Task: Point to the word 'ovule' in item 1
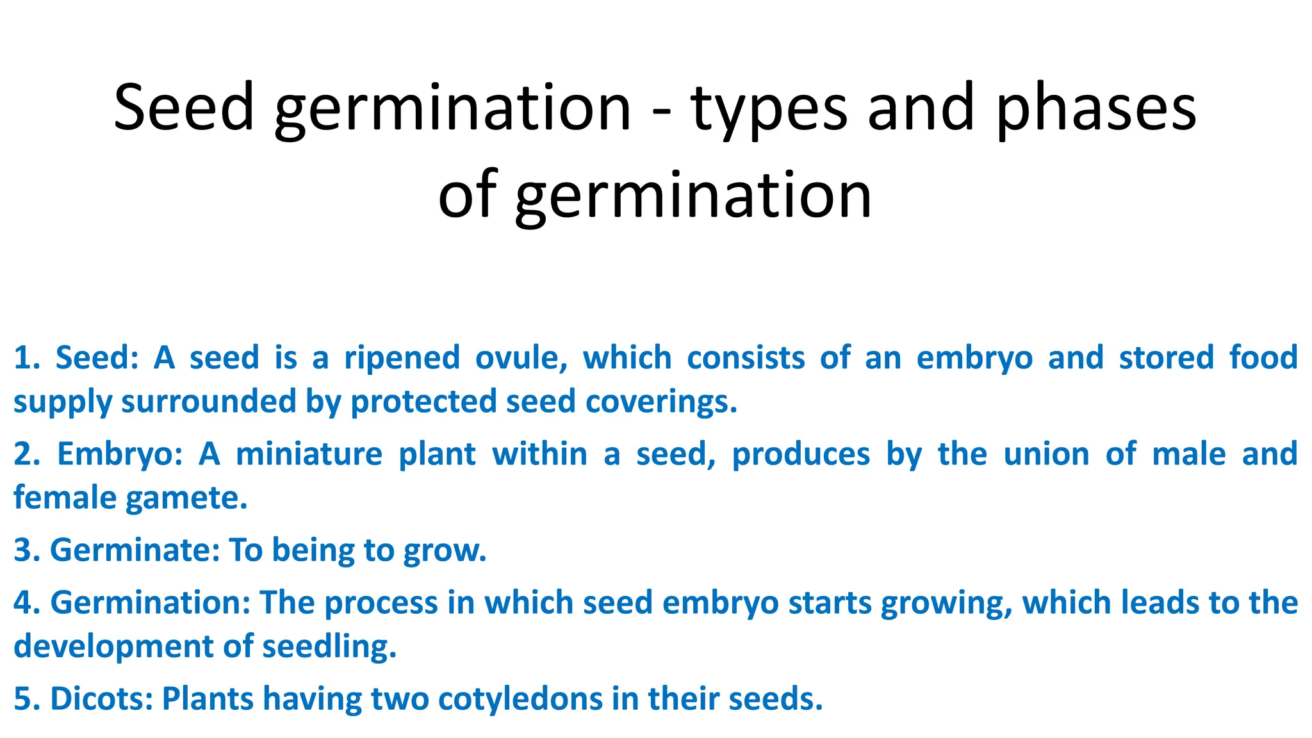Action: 520,357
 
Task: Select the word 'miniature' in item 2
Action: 309,454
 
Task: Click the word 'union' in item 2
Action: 1046,454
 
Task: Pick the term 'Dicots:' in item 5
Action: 102,699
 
